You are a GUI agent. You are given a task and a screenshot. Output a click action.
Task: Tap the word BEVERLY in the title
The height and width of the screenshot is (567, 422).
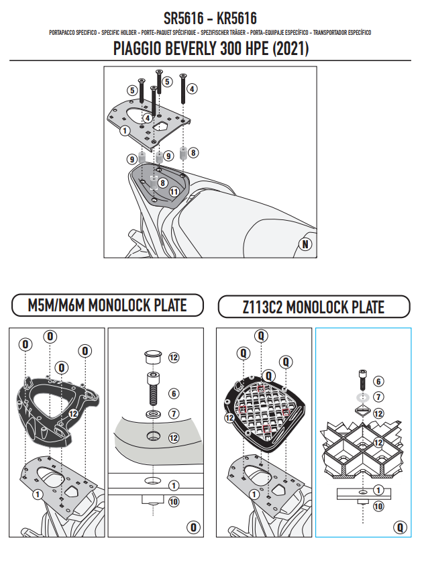189,50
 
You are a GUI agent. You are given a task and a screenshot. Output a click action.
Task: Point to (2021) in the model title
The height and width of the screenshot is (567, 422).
288,50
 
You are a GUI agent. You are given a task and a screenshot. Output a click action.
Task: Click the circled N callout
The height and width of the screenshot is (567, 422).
306,244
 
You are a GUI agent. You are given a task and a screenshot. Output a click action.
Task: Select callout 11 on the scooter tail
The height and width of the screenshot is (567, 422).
174,191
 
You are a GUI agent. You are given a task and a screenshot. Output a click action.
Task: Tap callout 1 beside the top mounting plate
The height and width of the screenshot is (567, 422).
125,131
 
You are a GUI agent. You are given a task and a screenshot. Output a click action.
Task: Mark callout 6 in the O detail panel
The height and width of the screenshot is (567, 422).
174,394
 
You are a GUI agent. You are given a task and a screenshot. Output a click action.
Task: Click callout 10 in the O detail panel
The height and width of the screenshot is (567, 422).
174,501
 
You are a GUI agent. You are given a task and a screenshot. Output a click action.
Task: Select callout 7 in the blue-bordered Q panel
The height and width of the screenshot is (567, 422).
378,397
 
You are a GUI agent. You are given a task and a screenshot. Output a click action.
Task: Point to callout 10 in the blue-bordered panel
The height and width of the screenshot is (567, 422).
378,507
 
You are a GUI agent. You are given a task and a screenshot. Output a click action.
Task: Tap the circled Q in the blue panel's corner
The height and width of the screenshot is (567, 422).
399,527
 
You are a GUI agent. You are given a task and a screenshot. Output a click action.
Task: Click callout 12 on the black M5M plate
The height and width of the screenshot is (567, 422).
73,413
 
